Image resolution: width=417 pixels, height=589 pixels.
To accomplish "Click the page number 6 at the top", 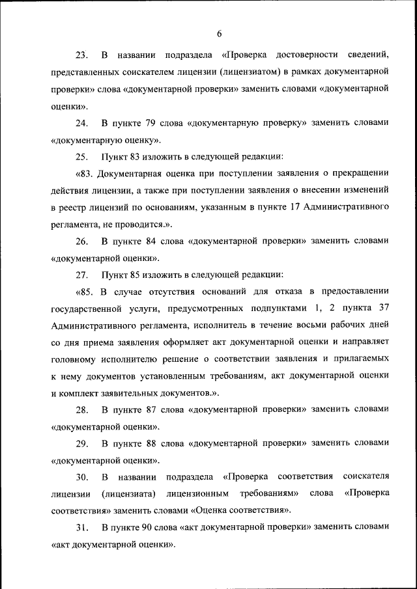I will coord(220,34).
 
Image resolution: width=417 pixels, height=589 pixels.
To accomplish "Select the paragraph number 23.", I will coord(82,52).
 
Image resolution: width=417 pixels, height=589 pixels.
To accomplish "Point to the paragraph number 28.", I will coord(82,410).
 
